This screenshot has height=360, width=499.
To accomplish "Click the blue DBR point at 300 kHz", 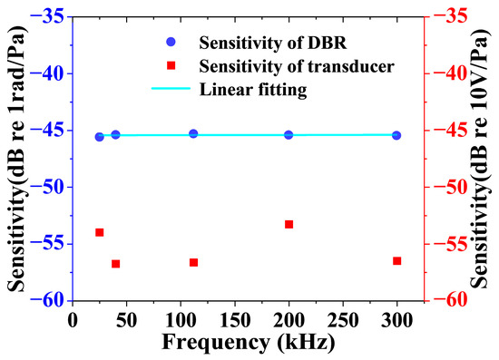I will pyautogui.click(x=396, y=135).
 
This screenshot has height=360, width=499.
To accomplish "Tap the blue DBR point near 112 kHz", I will pyautogui.click(x=193, y=133).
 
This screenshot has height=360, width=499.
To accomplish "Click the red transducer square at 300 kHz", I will pyautogui.click(x=396, y=261).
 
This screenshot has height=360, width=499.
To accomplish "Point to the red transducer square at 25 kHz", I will pyautogui.click(x=100, y=232).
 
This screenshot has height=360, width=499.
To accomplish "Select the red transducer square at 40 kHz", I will pyautogui.click(x=115, y=264).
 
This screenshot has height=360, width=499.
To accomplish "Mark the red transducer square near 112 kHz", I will pyautogui.click(x=193, y=262).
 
